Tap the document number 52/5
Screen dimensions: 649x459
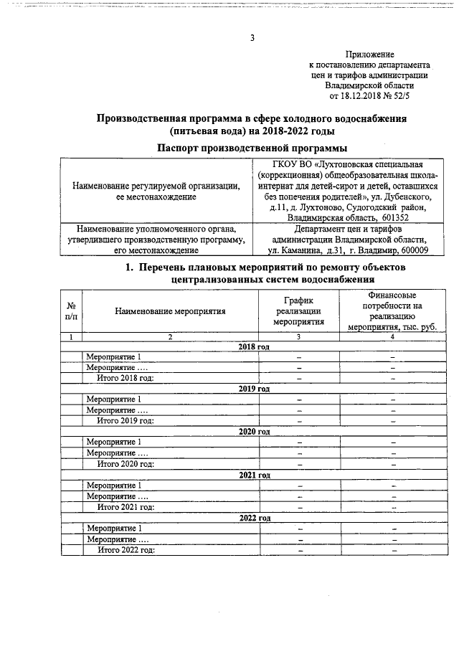coord(411,95)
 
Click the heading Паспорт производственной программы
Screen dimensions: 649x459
coord(252,148)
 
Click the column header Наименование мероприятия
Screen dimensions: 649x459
coord(170,311)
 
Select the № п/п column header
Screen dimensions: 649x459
coord(70,311)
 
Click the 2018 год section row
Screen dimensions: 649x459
coord(253,346)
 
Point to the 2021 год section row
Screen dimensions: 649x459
coord(253,475)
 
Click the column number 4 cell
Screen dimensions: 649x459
coord(392,336)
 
